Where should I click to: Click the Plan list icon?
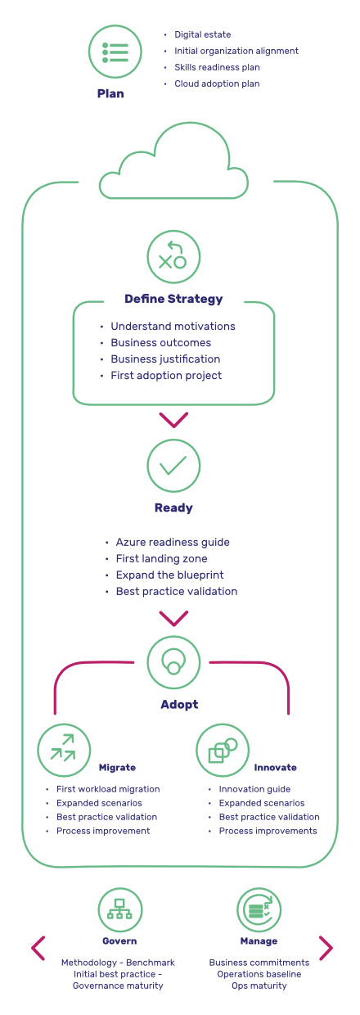click(115, 52)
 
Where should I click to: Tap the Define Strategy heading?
click(174, 299)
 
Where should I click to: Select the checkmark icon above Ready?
click(173, 466)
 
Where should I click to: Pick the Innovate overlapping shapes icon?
click(223, 750)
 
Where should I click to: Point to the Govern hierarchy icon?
click(120, 910)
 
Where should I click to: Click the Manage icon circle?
click(259, 910)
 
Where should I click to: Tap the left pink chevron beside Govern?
click(38, 948)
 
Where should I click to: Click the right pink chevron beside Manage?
click(326, 948)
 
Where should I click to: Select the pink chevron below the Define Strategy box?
click(173, 420)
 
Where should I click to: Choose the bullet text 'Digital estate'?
click(202, 34)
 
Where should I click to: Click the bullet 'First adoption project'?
click(166, 375)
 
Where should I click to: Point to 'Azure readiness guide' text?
click(173, 542)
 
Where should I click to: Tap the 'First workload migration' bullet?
click(108, 789)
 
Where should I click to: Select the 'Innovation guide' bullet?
click(254, 789)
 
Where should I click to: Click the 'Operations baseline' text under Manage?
click(259, 974)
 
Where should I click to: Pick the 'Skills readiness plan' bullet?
click(217, 67)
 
